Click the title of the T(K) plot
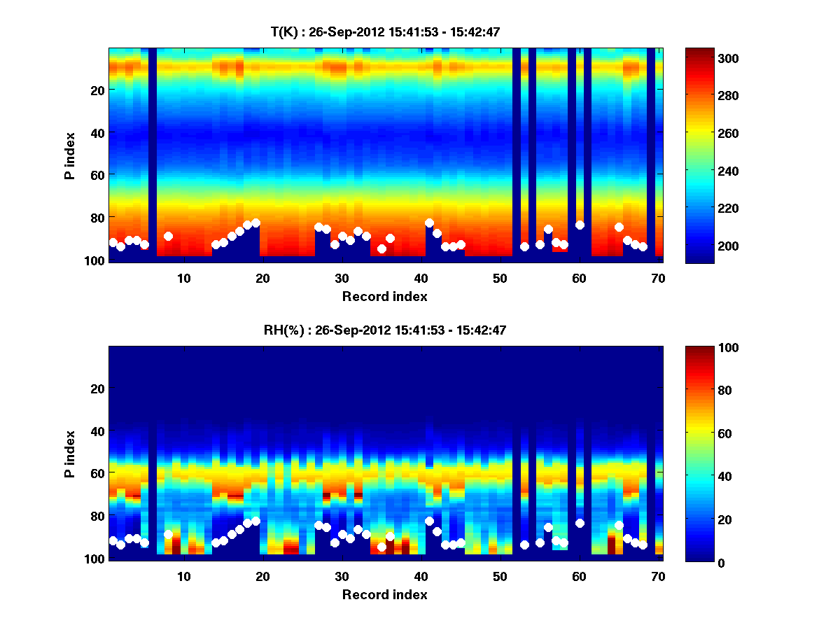385,31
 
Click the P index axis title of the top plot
70,155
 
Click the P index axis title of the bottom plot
70,453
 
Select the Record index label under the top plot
385,296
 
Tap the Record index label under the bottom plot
385,594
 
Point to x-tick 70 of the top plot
658,278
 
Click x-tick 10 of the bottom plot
183,576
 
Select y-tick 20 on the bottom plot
97,388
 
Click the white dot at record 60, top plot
580,225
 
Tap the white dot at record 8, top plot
168,236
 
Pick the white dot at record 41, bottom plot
429,521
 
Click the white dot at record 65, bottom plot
619,525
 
